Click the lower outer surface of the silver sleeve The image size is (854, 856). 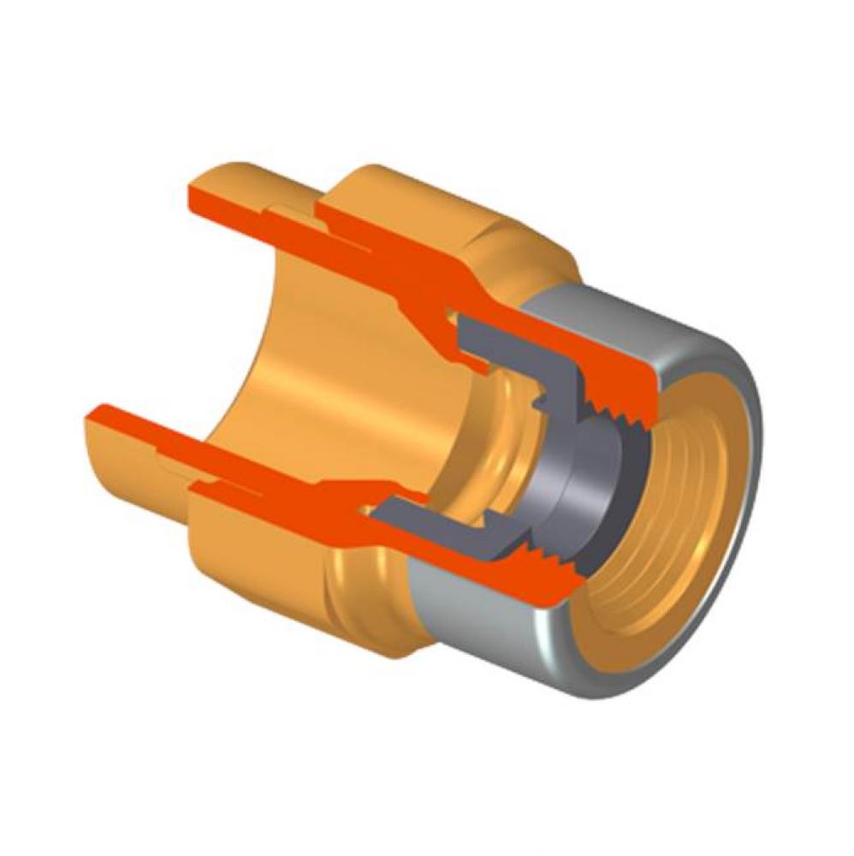(x=479, y=625)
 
